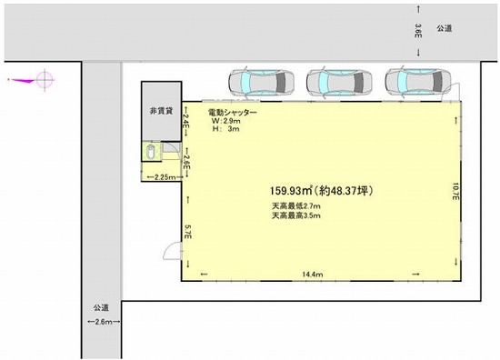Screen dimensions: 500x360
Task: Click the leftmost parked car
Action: [261, 82]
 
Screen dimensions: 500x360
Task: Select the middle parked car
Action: [339, 82]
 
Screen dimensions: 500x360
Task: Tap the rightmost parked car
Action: [418, 82]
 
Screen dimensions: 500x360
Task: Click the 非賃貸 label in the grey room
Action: [161, 111]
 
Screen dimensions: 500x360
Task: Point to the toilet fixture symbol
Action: [151, 152]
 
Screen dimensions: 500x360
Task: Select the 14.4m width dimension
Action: [313, 275]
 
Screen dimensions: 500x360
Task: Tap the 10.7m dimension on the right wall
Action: [455, 191]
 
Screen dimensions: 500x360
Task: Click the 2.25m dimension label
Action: [165, 177]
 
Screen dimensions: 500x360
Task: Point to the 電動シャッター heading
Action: [232, 113]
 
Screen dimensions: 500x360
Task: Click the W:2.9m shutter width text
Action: [226, 121]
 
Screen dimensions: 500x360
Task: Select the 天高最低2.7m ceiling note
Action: [296, 205]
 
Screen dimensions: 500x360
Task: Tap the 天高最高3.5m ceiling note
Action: [296, 215]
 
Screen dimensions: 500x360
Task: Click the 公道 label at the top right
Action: [445, 28]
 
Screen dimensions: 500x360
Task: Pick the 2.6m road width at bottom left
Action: [104, 322]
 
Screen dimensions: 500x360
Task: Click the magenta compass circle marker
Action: [45, 80]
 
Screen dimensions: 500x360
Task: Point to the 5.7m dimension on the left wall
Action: [188, 232]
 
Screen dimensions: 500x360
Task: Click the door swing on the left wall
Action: [172, 251]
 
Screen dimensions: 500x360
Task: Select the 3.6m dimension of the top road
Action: [418, 31]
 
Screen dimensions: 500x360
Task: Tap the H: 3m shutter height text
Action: [225, 129]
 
